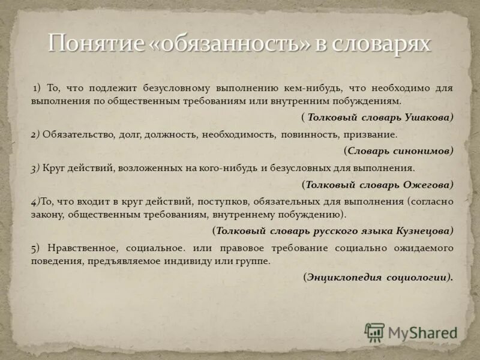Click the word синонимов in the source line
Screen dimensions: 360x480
coord(423,151)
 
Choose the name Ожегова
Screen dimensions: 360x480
coord(427,184)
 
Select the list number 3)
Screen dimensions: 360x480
coord(35,168)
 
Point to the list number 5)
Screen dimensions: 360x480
coord(36,247)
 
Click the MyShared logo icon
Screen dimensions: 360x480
coord(375,332)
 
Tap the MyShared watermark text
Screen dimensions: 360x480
coord(423,332)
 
